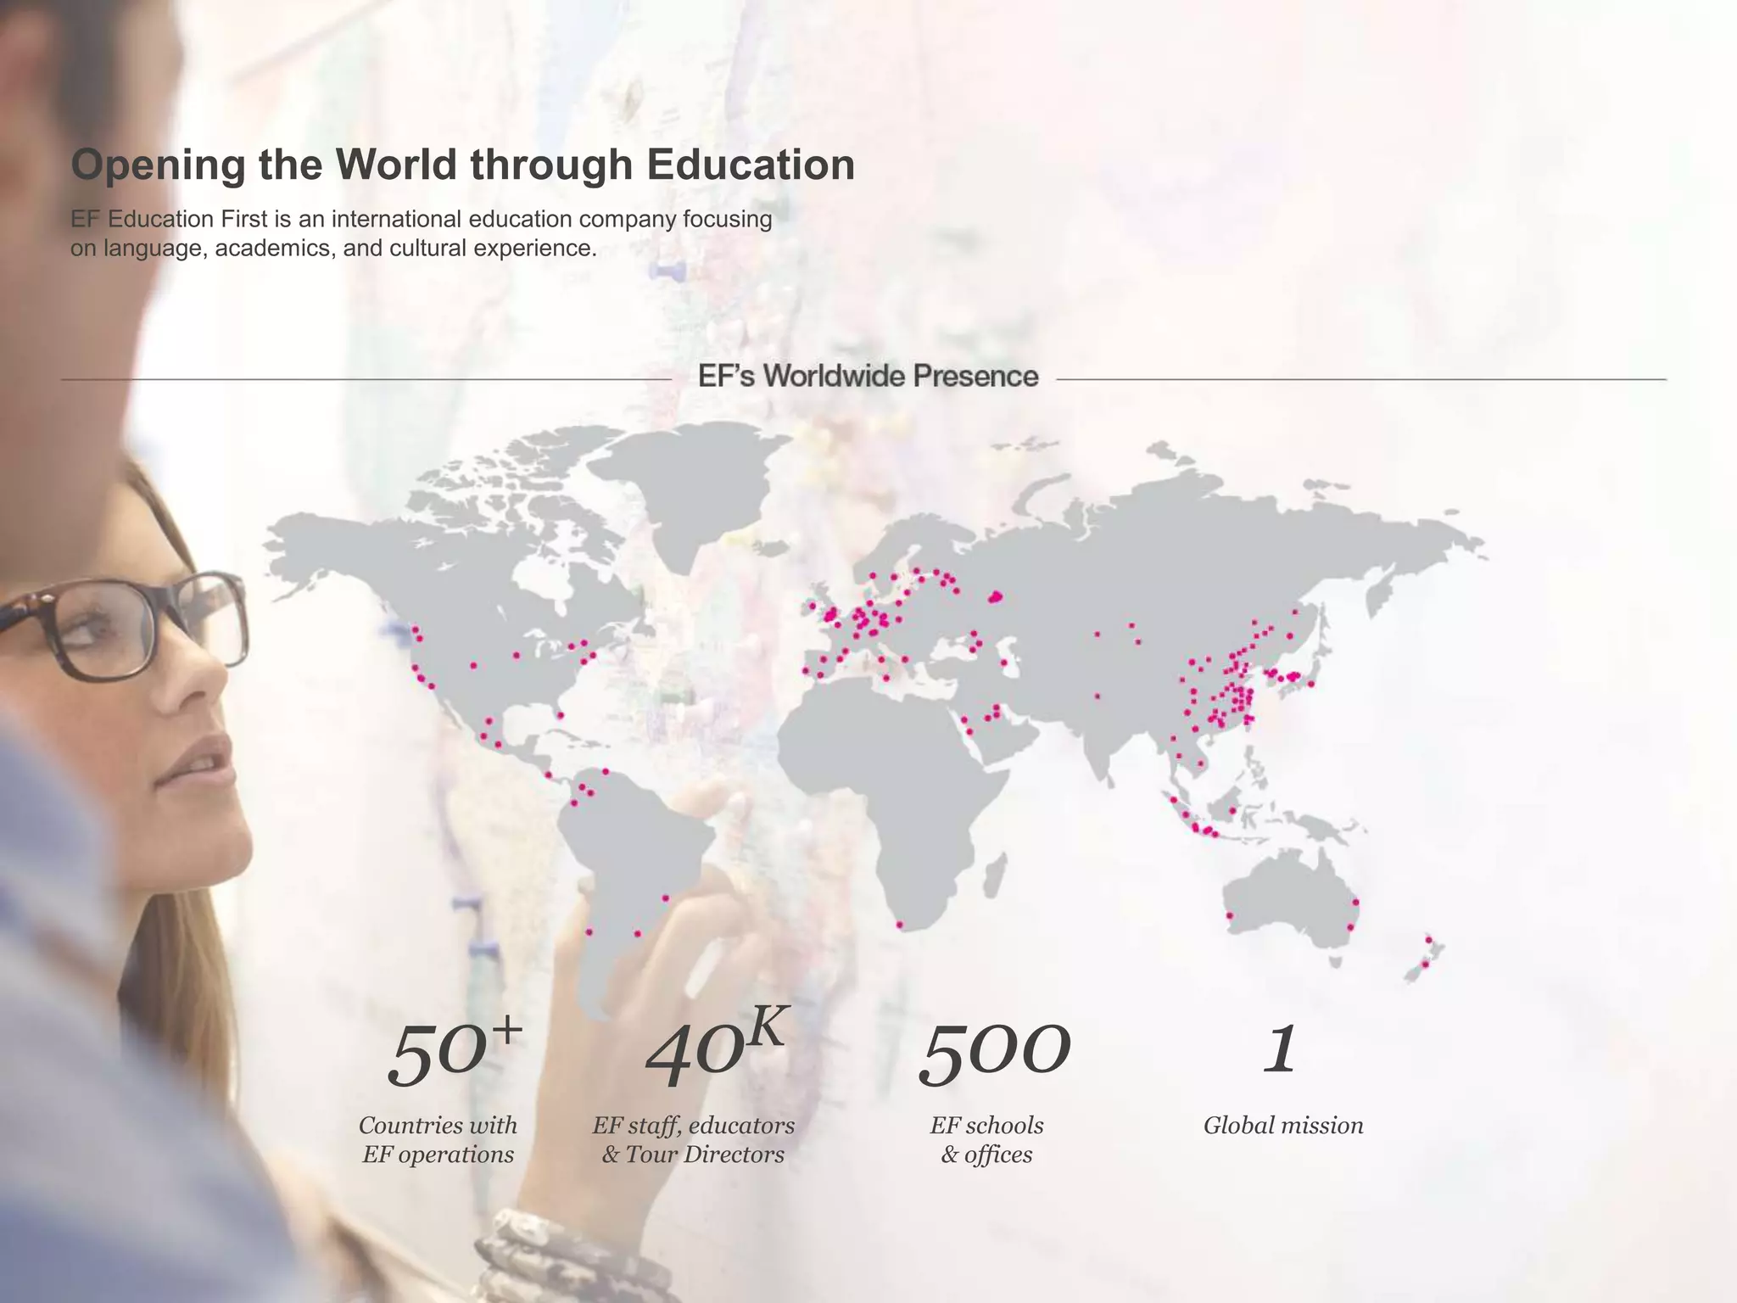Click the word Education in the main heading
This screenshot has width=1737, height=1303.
pos(750,165)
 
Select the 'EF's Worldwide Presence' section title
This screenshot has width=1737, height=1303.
pos(868,376)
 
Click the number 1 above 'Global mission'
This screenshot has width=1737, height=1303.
pos(1280,1050)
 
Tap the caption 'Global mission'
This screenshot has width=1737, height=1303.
pos(1282,1126)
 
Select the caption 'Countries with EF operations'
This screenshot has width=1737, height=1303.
pos(438,1139)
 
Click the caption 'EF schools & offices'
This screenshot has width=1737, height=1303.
pos(986,1139)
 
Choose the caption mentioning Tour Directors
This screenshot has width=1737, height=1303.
pos(693,1139)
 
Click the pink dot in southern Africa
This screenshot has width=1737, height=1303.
pos(900,925)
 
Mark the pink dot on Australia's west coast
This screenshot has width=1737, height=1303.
pos(1230,916)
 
